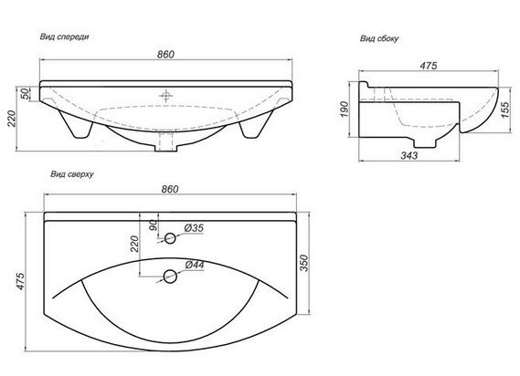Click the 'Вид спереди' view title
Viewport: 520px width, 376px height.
(x=64, y=37)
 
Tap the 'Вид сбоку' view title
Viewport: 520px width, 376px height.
(x=379, y=38)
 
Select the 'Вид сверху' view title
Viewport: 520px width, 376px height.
(x=72, y=174)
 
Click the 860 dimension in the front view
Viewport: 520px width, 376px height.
(x=165, y=55)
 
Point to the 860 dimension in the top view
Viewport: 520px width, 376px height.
(x=170, y=189)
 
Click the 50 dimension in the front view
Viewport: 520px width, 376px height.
(x=25, y=94)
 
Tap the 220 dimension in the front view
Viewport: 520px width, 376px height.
(x=12, y=119)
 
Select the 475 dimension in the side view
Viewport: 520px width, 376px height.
(x=429, y=66)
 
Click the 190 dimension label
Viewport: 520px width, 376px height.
(x=345, y=110)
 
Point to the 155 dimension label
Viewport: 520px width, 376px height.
(x=504, y=110)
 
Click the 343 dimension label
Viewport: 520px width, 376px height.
(x=409, y=155)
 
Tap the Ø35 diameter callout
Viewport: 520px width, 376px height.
(x=194, y=228)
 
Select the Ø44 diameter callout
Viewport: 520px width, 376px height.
(x=195, y=265)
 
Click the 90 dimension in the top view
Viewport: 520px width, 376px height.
(x=154, y=225)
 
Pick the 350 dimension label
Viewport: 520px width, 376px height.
(x=304, y=263)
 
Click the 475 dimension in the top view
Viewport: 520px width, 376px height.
(x=20, y=282)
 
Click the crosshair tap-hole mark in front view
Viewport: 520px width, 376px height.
(x=165, y=96)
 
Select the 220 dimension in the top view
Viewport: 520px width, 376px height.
(x=134, y=244)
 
